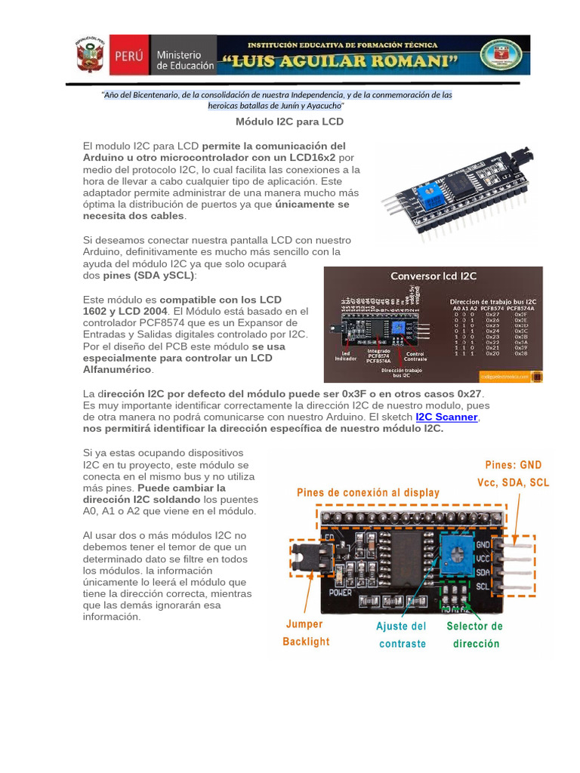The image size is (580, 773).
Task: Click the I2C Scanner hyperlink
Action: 446,417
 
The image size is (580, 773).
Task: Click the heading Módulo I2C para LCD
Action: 289,122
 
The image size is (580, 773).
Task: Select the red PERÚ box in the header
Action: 130,56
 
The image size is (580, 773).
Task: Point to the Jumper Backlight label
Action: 306,633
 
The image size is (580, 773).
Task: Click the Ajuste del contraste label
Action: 401,635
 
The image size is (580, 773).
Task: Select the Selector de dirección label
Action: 475,635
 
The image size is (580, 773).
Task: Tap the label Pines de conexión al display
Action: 368,492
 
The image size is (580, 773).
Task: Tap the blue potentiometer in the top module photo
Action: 433,196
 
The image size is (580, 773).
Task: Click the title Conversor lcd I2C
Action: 433,276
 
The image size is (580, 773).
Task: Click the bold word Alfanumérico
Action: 116,369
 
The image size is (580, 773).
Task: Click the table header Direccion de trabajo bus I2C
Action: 492,300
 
